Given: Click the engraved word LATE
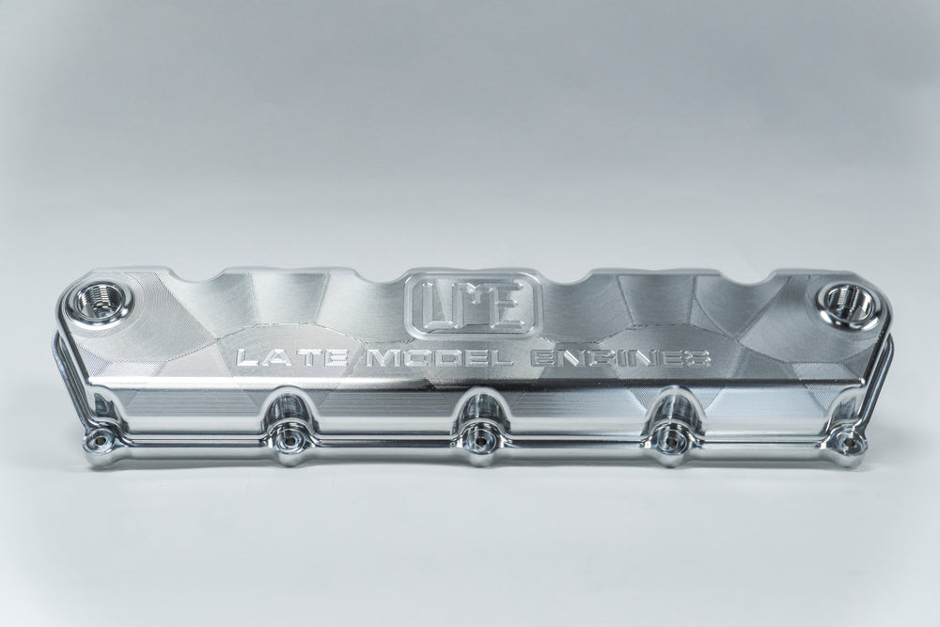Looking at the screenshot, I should pos(293,359).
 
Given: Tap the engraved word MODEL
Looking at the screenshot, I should pos(439,359).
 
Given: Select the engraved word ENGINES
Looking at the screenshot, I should pos(620,359).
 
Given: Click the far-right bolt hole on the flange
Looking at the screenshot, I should pos(846,440).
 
